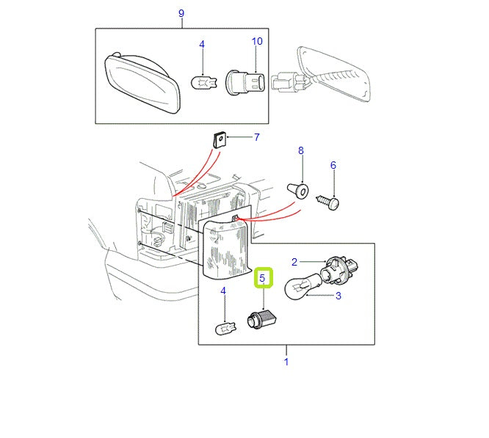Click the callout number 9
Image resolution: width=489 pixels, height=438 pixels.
point(181,14)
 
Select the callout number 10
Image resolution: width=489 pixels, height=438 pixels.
point(257,41)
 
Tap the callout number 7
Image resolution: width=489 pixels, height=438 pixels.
point(256,137)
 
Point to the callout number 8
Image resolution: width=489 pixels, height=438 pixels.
point(300,151)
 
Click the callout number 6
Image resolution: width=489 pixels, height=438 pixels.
point(333,166)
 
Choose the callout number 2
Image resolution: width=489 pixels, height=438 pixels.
point(295,262)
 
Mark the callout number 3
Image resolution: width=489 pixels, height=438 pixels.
point(338,296)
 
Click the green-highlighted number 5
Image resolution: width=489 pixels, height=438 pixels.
point(263,279)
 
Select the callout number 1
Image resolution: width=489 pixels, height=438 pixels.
point(286,361)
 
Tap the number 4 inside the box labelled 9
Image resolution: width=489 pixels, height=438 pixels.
point(203,45)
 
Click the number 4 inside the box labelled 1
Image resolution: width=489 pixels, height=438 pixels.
point(223,291)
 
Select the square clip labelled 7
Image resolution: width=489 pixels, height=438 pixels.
point(219,138)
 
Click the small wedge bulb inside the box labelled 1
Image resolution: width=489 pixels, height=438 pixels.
point(225,329)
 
